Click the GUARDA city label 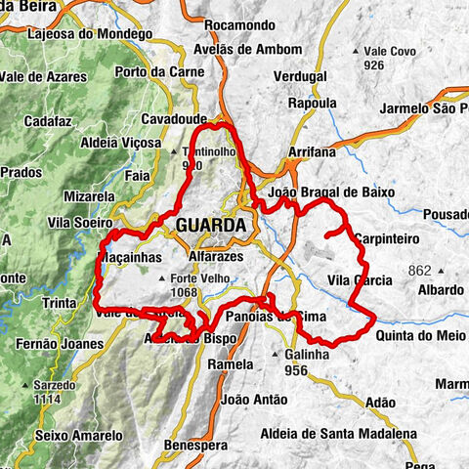(x=211, y=225)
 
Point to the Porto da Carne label (x=158, y=71)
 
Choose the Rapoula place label (x=310, y=103)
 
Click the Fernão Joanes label (x=60, y=344)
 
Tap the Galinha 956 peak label (x=305, y=362)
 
